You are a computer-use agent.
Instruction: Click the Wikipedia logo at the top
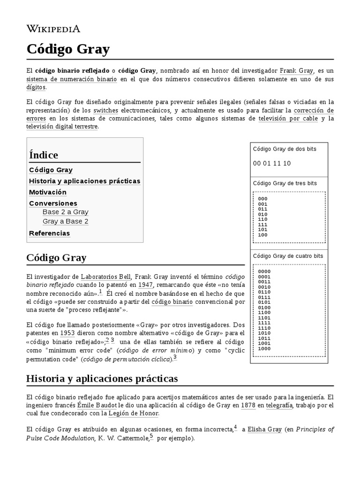tap(53, 29)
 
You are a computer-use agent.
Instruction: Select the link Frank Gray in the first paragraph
tap(296, 71)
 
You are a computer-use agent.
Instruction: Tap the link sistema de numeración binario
tap(72, 79)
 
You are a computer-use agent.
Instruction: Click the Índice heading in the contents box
tap(44, 155)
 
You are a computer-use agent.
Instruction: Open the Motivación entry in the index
tap(48, 192)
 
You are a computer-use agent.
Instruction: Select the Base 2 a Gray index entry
tap(65, 212)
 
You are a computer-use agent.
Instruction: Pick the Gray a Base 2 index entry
tap(65, 221)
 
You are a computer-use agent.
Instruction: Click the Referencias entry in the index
tap(49, 233)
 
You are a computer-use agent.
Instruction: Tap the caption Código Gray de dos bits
tap(285, 149)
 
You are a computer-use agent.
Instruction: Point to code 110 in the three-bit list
tap(262, 219)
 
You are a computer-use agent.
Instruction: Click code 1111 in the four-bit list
tap(264, 322)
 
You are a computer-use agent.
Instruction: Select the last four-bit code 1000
tap(264, 348)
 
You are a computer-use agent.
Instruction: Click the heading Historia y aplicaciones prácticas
tap(102, 378)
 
